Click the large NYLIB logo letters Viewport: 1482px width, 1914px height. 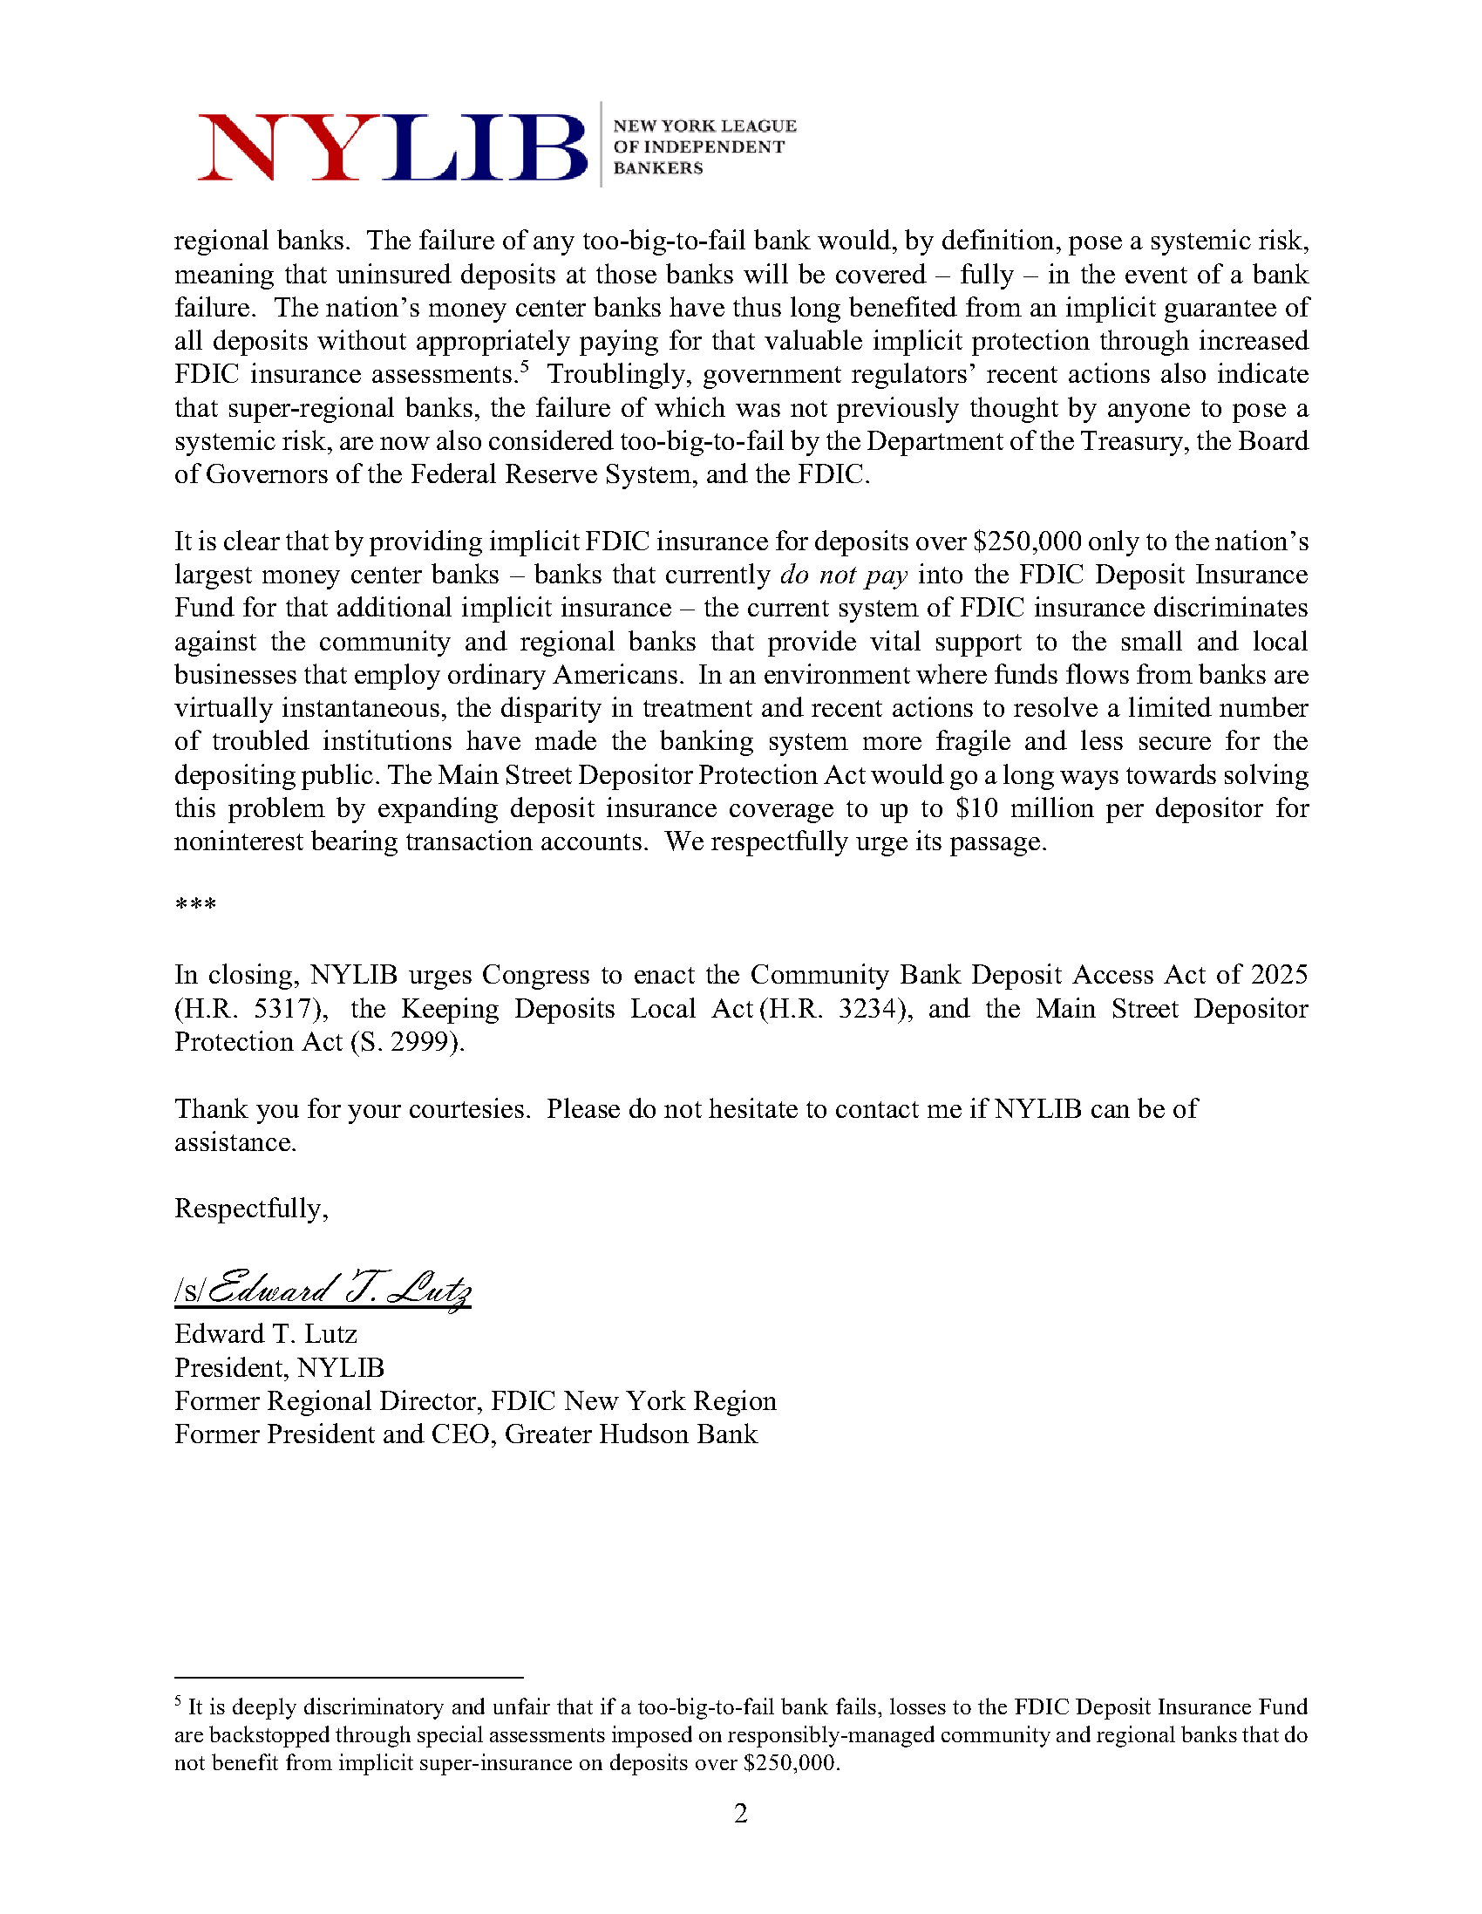(391, 147)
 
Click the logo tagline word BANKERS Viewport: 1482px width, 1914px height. (657, 168)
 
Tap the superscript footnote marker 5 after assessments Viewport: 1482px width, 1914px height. (524, 367)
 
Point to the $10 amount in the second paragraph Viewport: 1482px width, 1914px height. (976, 808)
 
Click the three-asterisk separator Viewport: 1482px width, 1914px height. (195, 904)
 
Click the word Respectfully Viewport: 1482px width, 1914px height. (251, 1209)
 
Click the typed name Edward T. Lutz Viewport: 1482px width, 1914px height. (266, 1334)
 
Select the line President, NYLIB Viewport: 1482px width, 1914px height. (279, 1368)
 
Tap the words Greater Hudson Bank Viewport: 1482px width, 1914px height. (631, 1434)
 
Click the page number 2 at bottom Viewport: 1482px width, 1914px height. (740, 1813)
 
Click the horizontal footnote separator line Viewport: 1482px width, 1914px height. (348, 1678)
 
